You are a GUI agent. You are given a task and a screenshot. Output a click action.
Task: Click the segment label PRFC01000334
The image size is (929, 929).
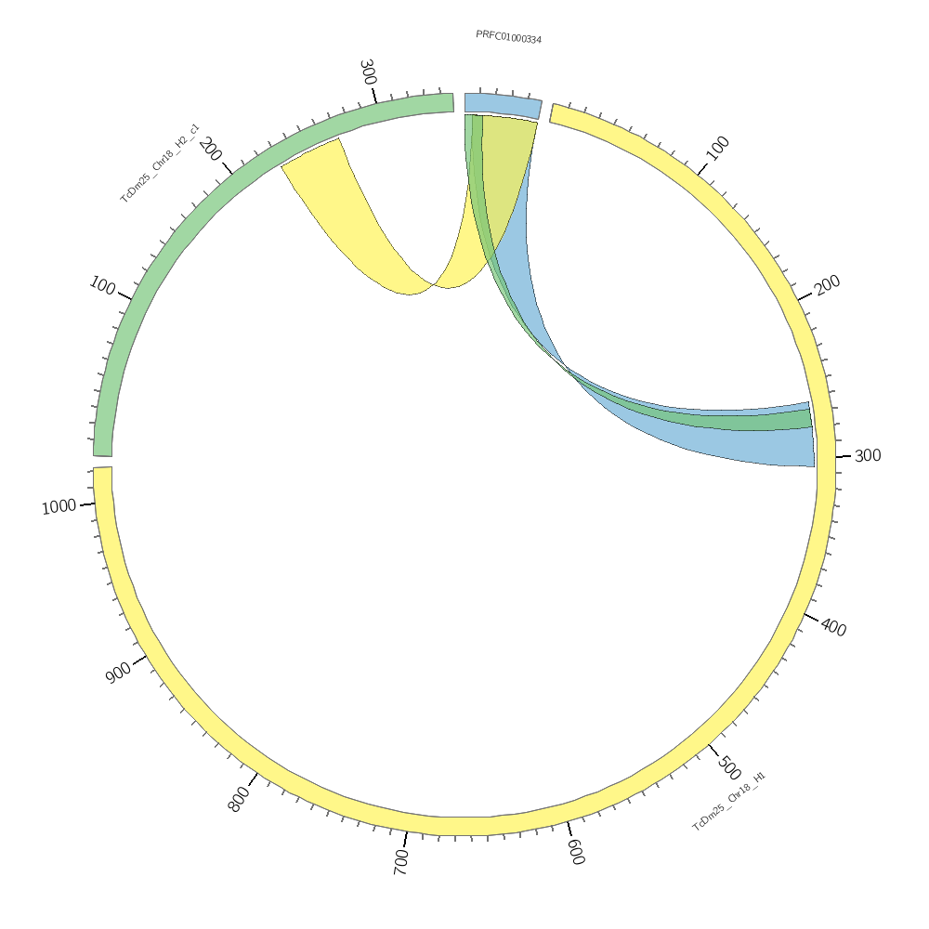[508, 37]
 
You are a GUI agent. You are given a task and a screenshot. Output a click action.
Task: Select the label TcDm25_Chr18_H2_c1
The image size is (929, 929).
[160, 163]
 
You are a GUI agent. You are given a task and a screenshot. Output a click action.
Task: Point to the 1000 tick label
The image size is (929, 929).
[59, 506]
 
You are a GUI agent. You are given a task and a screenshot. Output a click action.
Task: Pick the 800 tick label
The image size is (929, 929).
[239, 799]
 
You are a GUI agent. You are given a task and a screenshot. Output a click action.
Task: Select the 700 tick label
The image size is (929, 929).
[401, 862]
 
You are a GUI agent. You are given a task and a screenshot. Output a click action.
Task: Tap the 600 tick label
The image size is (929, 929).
[576, 852]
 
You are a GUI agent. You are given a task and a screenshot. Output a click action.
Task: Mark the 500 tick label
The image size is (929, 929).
[729, 768]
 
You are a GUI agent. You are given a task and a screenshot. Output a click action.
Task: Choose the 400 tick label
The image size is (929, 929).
[833, 628]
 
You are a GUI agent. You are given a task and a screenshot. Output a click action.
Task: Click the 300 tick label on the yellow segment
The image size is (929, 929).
[868, 455]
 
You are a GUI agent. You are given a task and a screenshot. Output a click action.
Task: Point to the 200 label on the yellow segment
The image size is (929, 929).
[827, 283]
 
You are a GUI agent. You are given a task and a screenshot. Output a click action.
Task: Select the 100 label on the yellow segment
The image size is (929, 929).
[717, 147]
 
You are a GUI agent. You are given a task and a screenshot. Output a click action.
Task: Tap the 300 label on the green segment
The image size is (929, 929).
[368, 72]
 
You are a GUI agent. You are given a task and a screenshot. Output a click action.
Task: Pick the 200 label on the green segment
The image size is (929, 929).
[211, 149]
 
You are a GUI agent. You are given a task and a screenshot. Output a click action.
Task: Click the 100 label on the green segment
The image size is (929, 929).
[102, 284]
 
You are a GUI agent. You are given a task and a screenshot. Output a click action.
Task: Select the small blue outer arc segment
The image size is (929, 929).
[502, 105]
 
